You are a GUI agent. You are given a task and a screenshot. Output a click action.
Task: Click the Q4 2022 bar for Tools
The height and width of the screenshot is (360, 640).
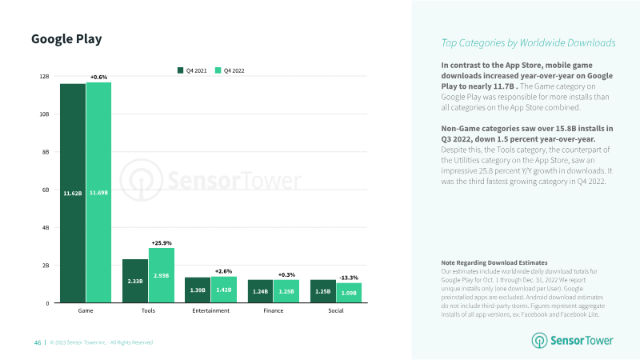[x=162, y=275]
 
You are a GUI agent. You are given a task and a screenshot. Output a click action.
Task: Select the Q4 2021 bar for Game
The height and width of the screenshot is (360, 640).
[x=73, y=193]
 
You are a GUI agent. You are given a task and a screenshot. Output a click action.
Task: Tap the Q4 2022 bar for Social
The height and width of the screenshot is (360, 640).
[x=349, y=293]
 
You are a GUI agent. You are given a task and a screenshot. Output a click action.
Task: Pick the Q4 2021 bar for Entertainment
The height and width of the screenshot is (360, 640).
[x=198, y=290]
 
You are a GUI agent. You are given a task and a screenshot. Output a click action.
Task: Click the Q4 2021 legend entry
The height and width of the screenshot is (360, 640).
[x=192, y=70]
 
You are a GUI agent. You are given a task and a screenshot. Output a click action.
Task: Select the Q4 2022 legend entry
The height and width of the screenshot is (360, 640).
[x=230, y=70]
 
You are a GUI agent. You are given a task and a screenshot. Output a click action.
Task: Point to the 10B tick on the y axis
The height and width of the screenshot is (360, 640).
[x=44, y=114]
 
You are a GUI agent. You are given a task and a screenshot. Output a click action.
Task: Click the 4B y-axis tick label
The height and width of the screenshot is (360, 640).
[x=46, y=228]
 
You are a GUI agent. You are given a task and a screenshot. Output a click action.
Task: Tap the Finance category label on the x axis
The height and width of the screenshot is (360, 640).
[x=274, y=310]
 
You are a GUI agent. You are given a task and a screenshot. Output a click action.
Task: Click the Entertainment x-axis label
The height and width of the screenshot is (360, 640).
[x=210, y=310]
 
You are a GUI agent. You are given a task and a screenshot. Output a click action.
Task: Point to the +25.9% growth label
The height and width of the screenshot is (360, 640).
[x=162, y=243]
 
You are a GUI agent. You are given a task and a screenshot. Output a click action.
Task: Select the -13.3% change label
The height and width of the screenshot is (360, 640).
[x=349, y=278]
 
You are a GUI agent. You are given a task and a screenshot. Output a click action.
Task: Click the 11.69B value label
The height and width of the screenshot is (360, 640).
[x=98, y=193]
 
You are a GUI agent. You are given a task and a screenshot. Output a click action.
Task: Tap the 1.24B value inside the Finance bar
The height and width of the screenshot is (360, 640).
[x=261, y=291]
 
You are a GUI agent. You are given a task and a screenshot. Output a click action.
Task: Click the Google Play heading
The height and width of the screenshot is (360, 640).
[x=66, y=39]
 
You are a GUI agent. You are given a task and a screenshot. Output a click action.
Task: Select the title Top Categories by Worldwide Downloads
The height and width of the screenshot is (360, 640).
[x=528, y=43]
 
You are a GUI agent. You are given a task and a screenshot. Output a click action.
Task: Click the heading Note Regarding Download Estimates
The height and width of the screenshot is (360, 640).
[x=494, y=262]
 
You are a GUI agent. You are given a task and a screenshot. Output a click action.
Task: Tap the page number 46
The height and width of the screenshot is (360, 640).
[x=38, y=342]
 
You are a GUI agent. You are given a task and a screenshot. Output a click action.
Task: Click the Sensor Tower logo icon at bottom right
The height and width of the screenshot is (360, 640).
[x=539, y=341]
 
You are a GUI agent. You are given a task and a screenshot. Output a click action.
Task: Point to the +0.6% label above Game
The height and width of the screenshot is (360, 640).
[x=98, y=77]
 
